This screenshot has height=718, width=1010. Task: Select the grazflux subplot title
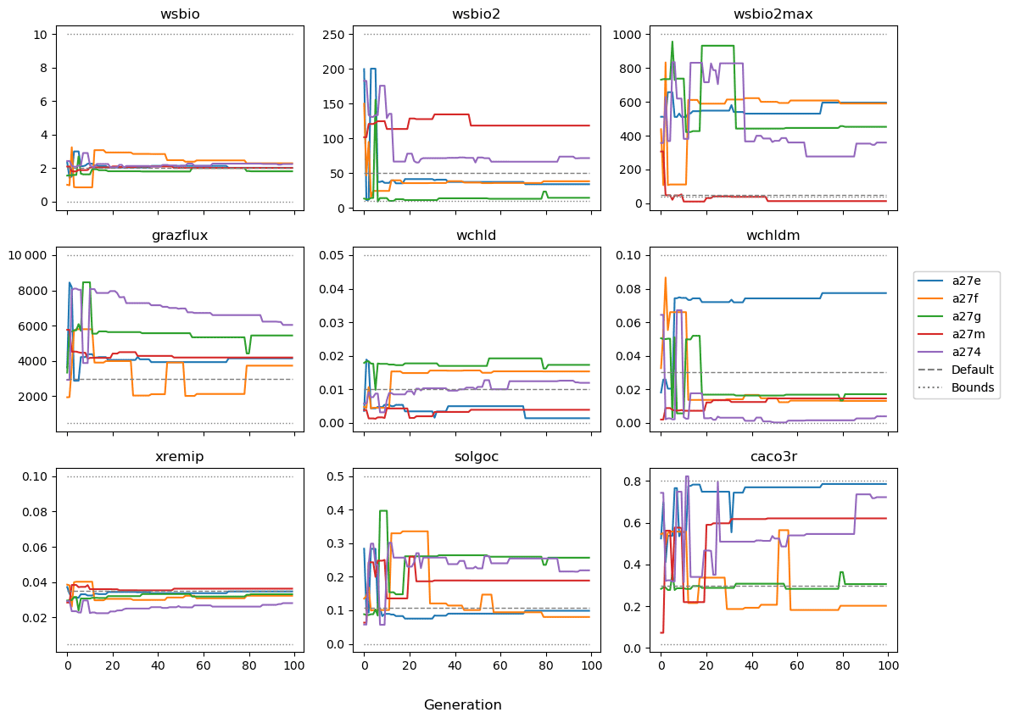[x=181, y=235]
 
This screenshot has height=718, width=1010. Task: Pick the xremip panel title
[x=181, y=456]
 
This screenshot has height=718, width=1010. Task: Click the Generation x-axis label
[x=462, y=705]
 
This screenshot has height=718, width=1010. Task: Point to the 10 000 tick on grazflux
[x=31, y=255]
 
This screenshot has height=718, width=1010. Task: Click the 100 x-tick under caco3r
[x=888, y=666]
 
